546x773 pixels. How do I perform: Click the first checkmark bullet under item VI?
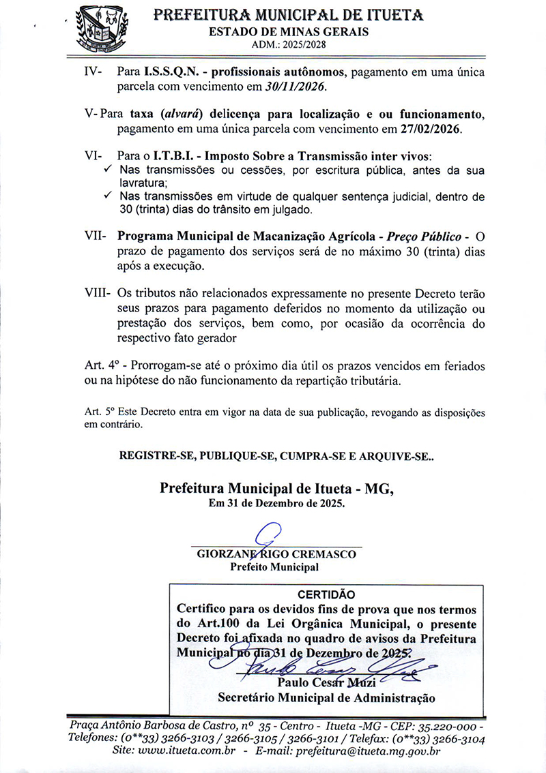(x=108, y=169)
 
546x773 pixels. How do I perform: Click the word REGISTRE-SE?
(x=152, y=455)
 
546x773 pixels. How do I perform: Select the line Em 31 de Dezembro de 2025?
(x=277, y=504)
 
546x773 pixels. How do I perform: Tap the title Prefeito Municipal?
(x=274, y=566)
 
